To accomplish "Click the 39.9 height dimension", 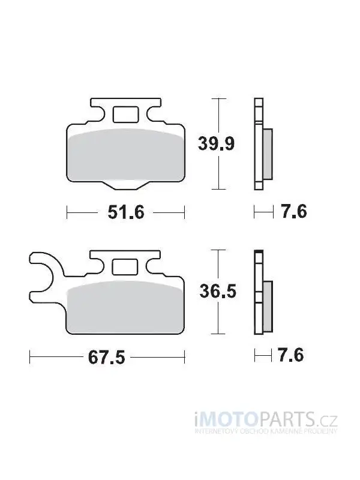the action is (216, 143).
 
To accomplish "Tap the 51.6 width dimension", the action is (126, 212).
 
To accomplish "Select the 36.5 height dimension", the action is (218, 291).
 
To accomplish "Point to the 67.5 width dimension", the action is (107, 357).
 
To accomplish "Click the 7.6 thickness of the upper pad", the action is (294, 211).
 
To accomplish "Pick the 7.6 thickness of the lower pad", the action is (291, 355).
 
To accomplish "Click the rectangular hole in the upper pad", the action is (125, 115).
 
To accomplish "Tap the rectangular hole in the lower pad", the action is (125, 266).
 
